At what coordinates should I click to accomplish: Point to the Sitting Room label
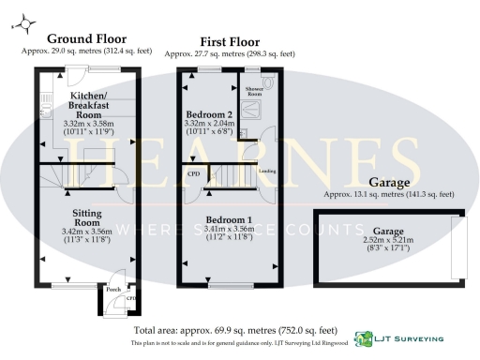(86, 218)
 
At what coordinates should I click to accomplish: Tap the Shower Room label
(254, 91)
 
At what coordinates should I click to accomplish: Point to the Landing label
(267, 172)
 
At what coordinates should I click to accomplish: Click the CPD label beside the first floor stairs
(194, 173)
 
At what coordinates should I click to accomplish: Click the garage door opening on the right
(458, 246)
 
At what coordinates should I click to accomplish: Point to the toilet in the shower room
(270, 82)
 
